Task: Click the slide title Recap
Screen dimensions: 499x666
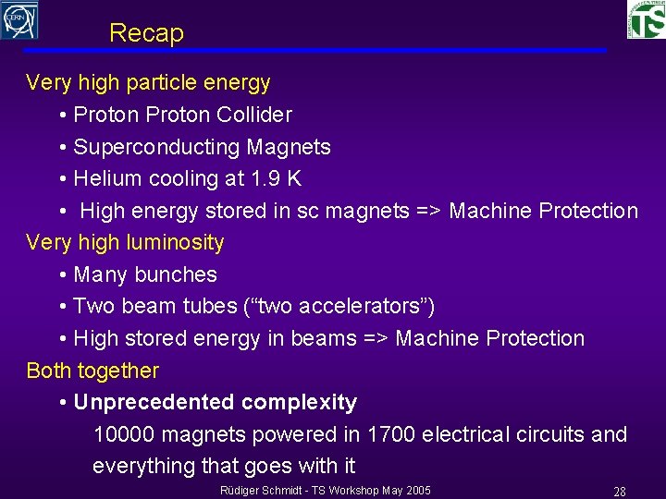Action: [x=146, y=33]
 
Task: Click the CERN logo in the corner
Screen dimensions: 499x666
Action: [x=19, y=19]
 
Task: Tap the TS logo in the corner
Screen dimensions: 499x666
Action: [x=647, y=19]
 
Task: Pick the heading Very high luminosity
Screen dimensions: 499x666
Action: [x=125, y=243]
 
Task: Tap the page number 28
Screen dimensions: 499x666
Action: [x=620, y=492]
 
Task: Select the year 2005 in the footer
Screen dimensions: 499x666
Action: [x=416, y=490]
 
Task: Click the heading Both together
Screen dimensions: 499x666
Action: [x=92, y=371]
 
